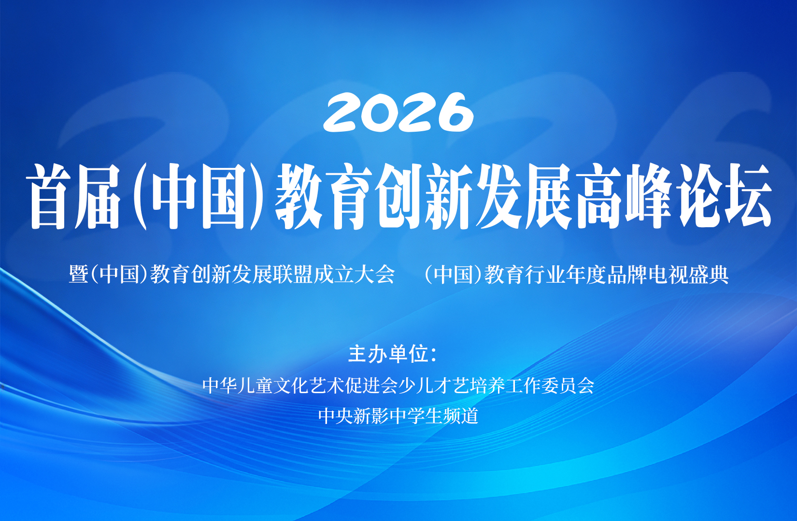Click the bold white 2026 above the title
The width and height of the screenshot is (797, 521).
(398, 112)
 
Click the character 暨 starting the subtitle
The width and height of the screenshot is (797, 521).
(79, 274)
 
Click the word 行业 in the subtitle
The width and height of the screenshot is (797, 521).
(545, 274)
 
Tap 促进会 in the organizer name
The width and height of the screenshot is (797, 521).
(371, 385)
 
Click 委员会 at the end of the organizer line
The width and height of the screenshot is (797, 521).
(568, 385)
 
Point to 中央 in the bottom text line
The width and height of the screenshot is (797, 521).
(336, 416)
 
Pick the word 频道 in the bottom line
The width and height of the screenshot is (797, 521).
(461, 416)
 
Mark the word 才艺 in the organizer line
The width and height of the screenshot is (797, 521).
(452, 385)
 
